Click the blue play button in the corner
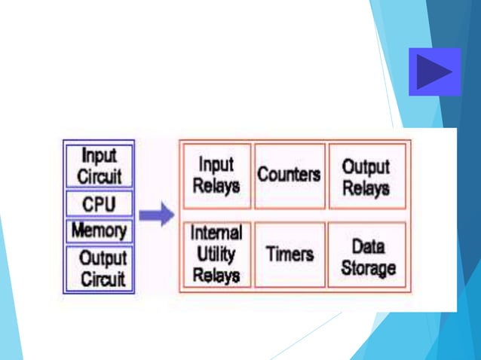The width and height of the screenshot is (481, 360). (x=434, y=72)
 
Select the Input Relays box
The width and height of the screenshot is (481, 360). (x=216, y=175)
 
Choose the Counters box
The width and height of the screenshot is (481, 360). (x=289, y=175)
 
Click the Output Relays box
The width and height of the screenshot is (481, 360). (x=366, y=175)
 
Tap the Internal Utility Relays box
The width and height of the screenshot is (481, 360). (x=216, y=255)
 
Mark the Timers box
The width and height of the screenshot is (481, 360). (x=289, y=255)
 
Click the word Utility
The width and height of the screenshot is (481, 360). (x=216, y=254)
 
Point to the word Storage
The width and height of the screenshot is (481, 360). (x=368, y=267)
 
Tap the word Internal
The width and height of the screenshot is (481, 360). (x=216, y=233)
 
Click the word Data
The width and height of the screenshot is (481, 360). (x=369, y=246)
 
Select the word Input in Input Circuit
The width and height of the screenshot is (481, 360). (x=99, y=157)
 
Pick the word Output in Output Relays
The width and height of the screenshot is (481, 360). (x=366, y=166)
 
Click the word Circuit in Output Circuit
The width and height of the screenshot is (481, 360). (x=104, y=279)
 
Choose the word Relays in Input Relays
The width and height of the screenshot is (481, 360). (x=216, y=185)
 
